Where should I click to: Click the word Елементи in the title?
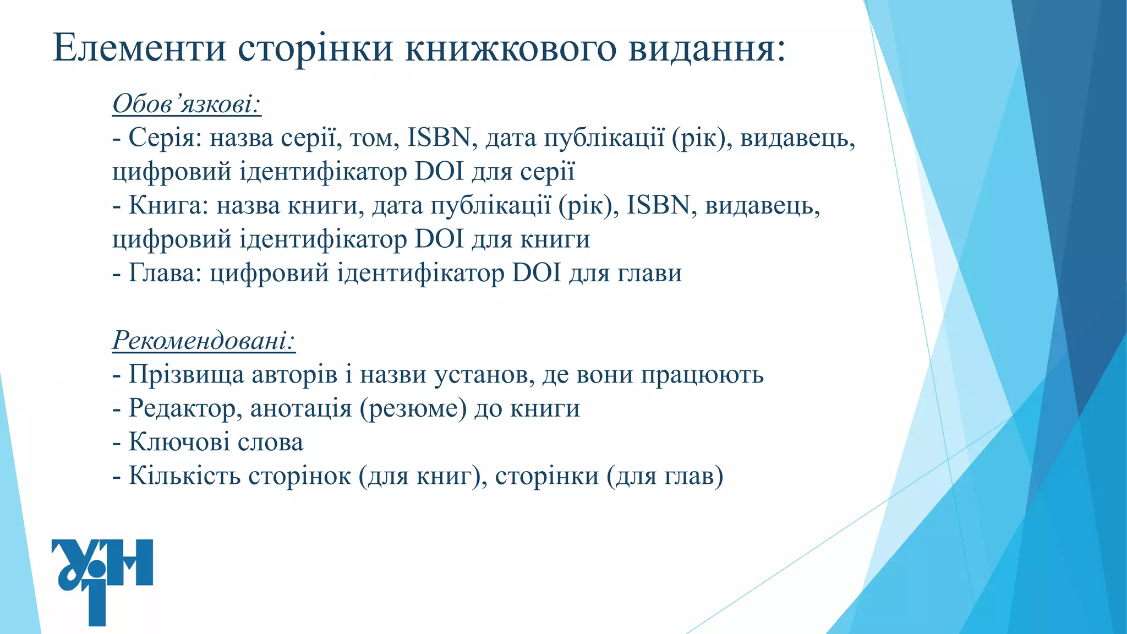click(x=139, y=48)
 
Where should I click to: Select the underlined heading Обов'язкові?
click(x=187, y=103)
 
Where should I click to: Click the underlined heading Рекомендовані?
click(x=204, y=340)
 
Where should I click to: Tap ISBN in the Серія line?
click(x=439, y=138)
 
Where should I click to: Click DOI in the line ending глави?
click(x=536, y=273)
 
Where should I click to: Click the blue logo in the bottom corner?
click(x=102, y=581)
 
